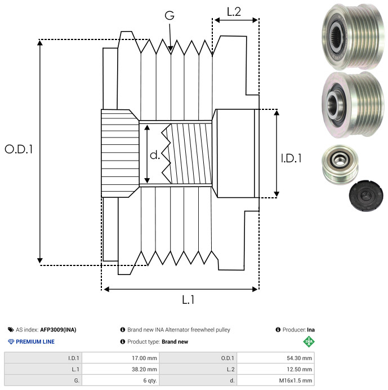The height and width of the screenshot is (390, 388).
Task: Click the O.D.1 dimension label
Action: click(x=19, y=149)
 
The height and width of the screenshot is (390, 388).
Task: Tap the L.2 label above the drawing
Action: click(x=234, y=12)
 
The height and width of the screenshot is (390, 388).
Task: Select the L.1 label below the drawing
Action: click(x=188, y=300)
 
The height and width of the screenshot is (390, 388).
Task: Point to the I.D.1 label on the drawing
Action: click(x=291, y=159)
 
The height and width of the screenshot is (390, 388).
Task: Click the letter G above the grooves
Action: click(x=170, y=16)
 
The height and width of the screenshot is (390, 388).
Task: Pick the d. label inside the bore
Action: click(x=154, y=155)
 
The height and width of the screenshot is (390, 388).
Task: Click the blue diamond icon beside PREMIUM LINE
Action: click(x=11, y=342)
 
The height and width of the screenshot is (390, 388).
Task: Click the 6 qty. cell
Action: click(x=149, y=380)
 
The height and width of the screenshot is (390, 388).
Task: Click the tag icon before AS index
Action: click(x=11, y=330)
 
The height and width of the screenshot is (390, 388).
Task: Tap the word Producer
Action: click(x=293, y=330)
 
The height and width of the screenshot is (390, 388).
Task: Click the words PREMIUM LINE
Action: click(x=35, y=342)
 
